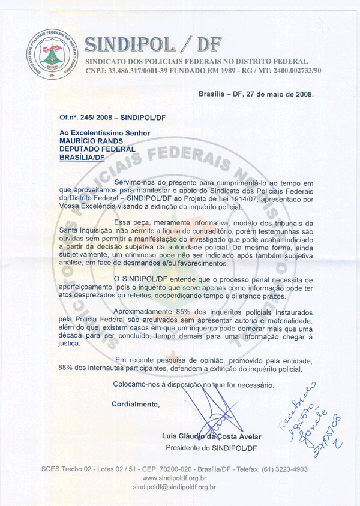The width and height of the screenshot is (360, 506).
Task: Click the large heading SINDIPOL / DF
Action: coord(153,43)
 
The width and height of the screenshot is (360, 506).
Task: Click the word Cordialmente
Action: coord(136,404)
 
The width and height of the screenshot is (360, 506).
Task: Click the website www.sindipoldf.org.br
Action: coord(174,478)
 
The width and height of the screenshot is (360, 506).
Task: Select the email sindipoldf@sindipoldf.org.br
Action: coord(174,487)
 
